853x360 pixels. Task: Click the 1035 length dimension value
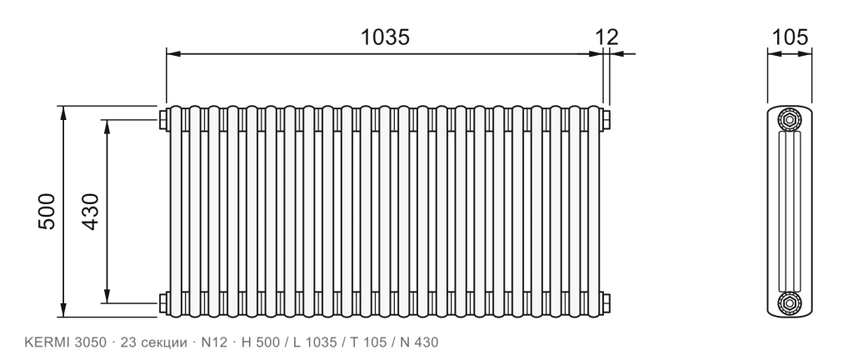(x=385, y=37)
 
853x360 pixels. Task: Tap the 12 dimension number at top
(x=606, y=37)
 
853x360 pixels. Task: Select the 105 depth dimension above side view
(x=790, y=37)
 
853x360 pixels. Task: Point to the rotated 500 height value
(x=47, y=211)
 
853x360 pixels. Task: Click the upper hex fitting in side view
(x=790, y=120)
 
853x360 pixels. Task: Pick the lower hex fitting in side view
(x=790, y=302)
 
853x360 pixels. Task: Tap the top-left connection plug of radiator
(x=163, y=120)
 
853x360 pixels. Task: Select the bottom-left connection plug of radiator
(x=163, y=302)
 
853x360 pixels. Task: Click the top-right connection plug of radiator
(x=606, y=120)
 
